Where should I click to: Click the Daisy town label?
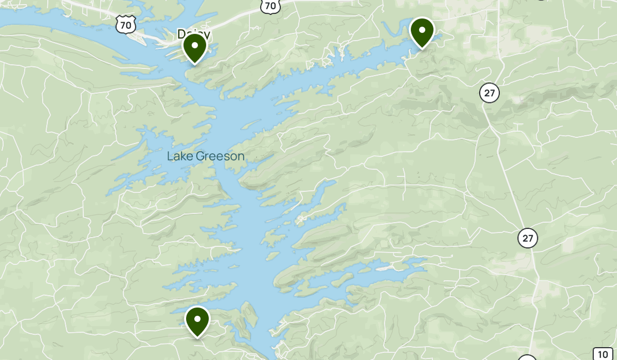click(193, 34)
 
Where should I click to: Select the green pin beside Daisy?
click(195, 46)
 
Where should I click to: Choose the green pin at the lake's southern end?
click(197, 320)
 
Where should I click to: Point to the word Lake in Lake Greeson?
click(178, 156)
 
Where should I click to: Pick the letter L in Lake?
click(170, 156)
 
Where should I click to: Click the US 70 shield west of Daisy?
click(126, 24)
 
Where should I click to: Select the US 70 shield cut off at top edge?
click(270, 5)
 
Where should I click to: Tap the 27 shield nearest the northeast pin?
click(489, 93)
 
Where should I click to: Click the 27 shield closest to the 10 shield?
click(528, 238)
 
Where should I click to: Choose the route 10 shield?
click(603, 354)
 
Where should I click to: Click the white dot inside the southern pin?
click(197, 319)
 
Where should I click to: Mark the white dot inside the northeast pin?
click(422, 30)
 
